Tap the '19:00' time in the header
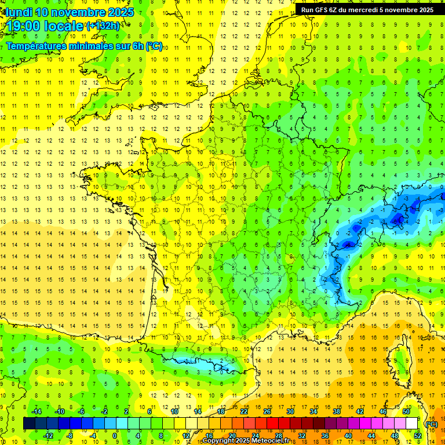click(x=24, y=26)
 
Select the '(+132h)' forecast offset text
click(x=103, y=25)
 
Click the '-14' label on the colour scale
click(x=36, y=411)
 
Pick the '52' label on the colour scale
click(x=417, y=436)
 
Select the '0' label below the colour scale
click(x=115, y=436)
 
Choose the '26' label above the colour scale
click(x=267, y=411)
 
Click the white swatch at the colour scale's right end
click(x=412, y=424)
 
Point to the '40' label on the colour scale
click(x=348, y=436)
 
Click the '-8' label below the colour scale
click(x=70, y=436)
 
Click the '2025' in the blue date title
click(x=121, y=12)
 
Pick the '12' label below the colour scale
click(x=185, y=436)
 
